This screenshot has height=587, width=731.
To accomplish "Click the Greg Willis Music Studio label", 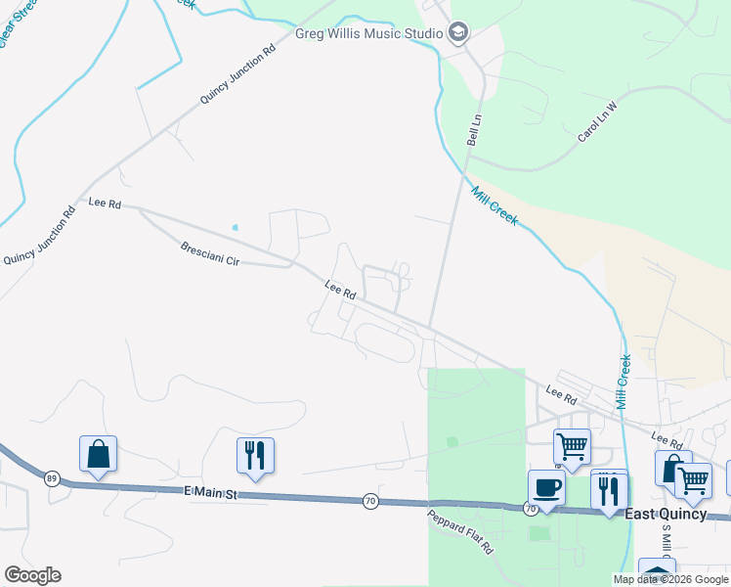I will point(369,33).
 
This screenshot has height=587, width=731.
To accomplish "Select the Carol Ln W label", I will point(598,121).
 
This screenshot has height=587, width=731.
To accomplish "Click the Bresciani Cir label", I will point(209,254).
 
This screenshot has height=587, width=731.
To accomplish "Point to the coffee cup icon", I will point(546,488).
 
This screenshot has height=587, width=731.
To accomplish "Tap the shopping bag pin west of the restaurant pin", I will point(98,454).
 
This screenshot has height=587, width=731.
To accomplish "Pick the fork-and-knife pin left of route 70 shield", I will point(254,456).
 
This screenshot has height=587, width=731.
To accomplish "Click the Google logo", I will point(32,575).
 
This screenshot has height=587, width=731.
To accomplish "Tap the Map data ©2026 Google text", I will point(671,579).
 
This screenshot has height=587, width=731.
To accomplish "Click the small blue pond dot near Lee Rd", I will point(235,228).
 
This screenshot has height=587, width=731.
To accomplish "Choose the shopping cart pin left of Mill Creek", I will point(572,447).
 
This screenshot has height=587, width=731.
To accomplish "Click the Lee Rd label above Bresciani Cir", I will point(104,203).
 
